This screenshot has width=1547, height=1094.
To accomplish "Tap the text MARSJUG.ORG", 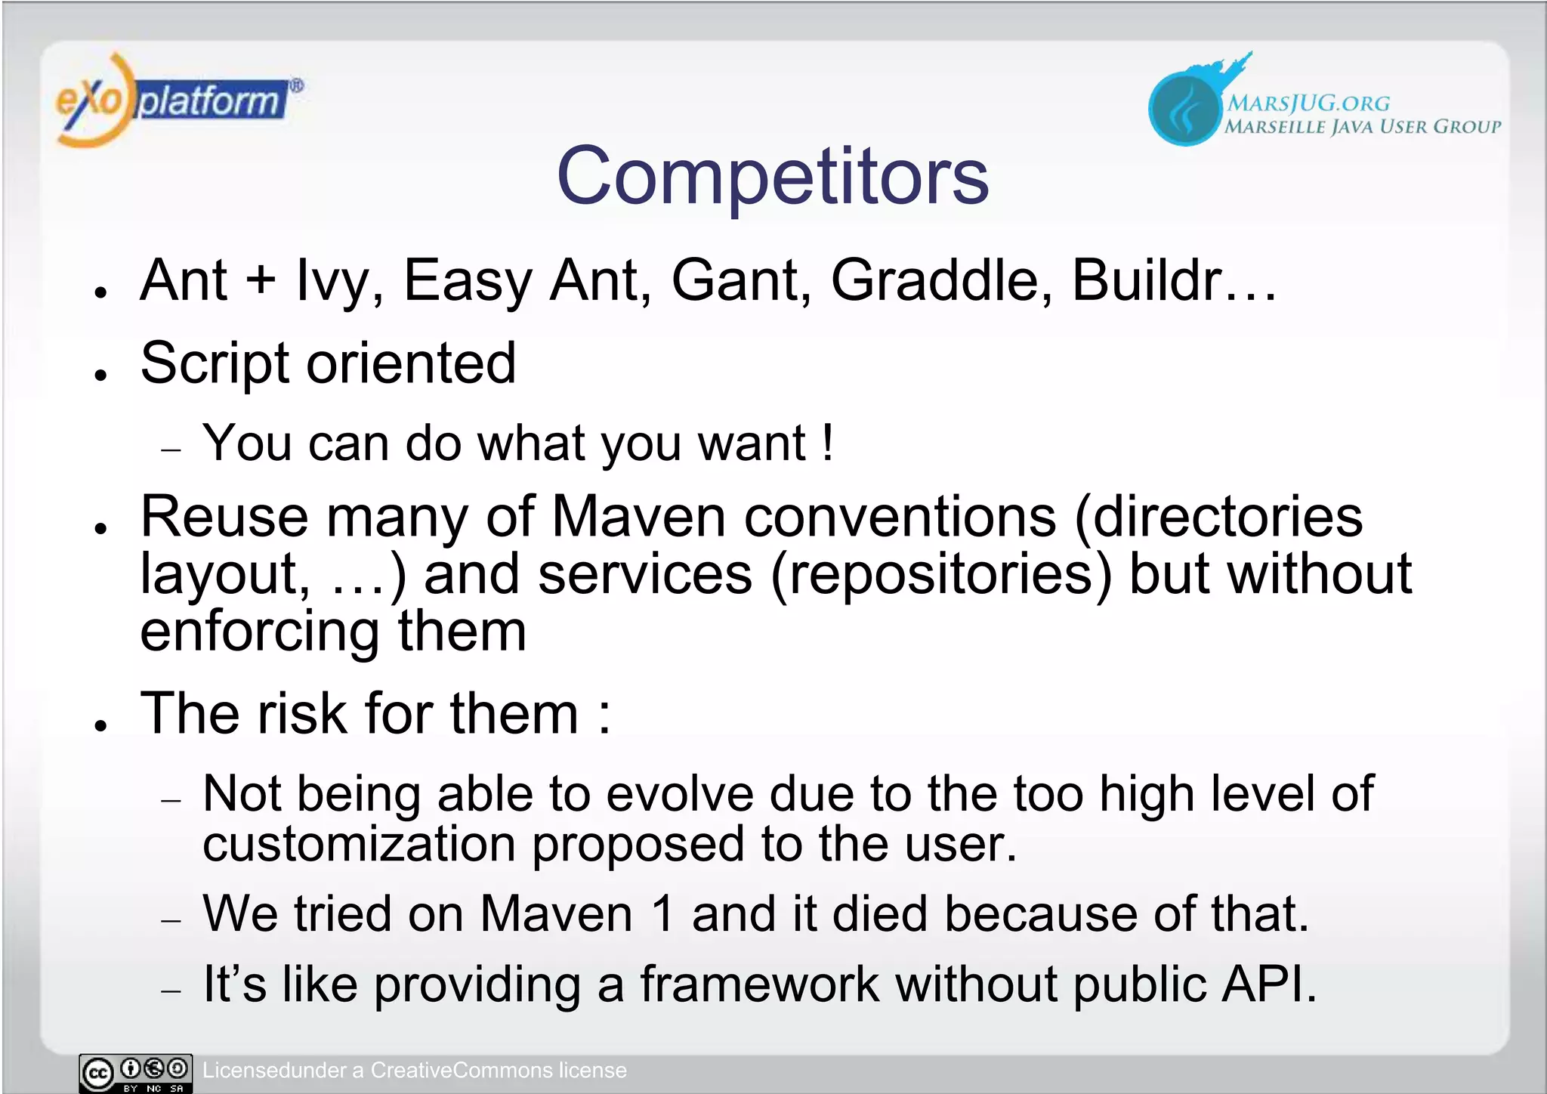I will click(x=1308, y=103).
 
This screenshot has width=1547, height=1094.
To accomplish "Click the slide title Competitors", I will click(x=772, y=176).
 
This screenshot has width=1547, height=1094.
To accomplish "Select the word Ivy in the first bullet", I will click(x=332, y=281).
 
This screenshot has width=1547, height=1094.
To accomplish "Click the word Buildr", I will click(x=1147, y=280).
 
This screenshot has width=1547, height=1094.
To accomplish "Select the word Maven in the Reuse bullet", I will click(x=639, y=518).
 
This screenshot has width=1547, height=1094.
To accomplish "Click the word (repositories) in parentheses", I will click(x=941, y=575).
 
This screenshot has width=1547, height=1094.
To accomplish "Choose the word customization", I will click(x=359, y=845).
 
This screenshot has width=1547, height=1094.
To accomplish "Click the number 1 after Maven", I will click(x=663, y=914).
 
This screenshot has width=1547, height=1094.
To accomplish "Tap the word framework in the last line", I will click(x=759, y=985).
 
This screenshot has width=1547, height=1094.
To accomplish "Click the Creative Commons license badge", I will click(x=136, y=1073).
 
